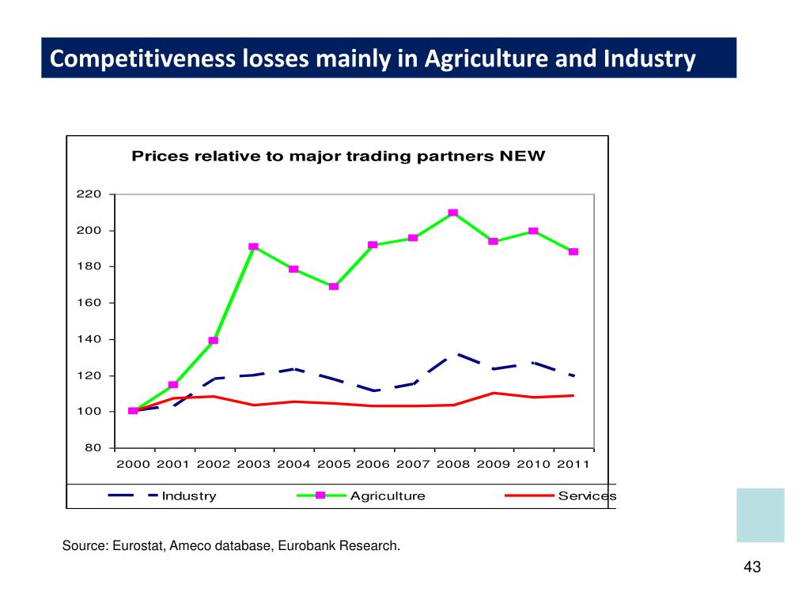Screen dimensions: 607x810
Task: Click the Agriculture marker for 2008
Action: tap(453, 213)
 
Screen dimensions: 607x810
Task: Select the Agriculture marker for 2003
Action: tap(253, 247)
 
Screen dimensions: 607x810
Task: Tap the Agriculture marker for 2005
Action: tap(334, 286)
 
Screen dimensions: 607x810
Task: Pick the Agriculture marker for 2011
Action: tap(573, 251)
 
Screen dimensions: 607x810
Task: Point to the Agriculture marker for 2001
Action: tap(173, 385)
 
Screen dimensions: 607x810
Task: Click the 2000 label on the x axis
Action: tap(133, 464)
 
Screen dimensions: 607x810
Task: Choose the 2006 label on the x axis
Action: tap(373, 464)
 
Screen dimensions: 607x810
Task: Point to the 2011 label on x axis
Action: tap(573, 464)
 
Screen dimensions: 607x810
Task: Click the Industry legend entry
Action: tap(188, 496)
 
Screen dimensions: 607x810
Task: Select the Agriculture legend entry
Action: tap(388, 496)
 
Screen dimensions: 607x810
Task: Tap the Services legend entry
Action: tap(586, 496)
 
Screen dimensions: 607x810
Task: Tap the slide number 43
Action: tap(752, 567)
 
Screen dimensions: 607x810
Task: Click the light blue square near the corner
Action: tap(760, 515)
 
